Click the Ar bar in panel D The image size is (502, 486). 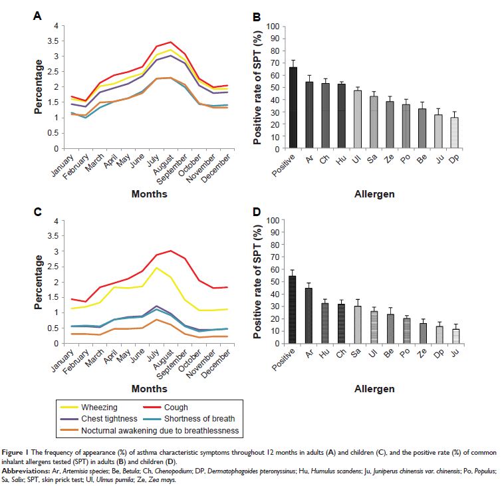coord(309,315)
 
